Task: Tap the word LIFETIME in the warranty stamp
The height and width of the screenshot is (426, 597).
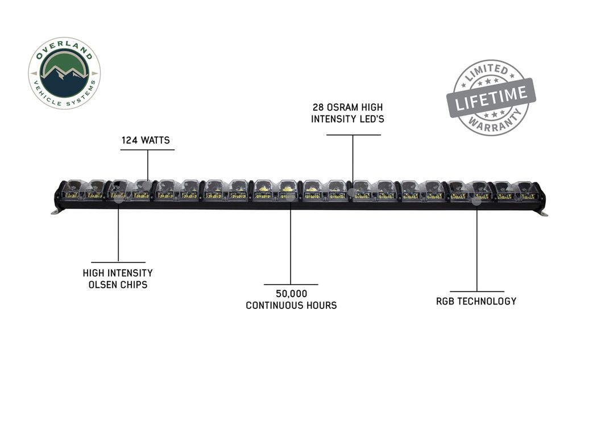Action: [491, 98]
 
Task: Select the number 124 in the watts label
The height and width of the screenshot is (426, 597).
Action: [129, 140]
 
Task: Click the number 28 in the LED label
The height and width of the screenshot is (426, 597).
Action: [318, 108]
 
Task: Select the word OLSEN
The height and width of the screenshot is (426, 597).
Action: [102, 285]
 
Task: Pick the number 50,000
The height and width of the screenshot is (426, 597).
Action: [291, 294]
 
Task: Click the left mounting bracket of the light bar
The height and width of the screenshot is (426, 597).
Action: [55, 211]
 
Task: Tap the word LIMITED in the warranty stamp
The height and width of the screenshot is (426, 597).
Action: [487, 72]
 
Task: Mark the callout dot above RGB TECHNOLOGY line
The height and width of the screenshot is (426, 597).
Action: [476, 201]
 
